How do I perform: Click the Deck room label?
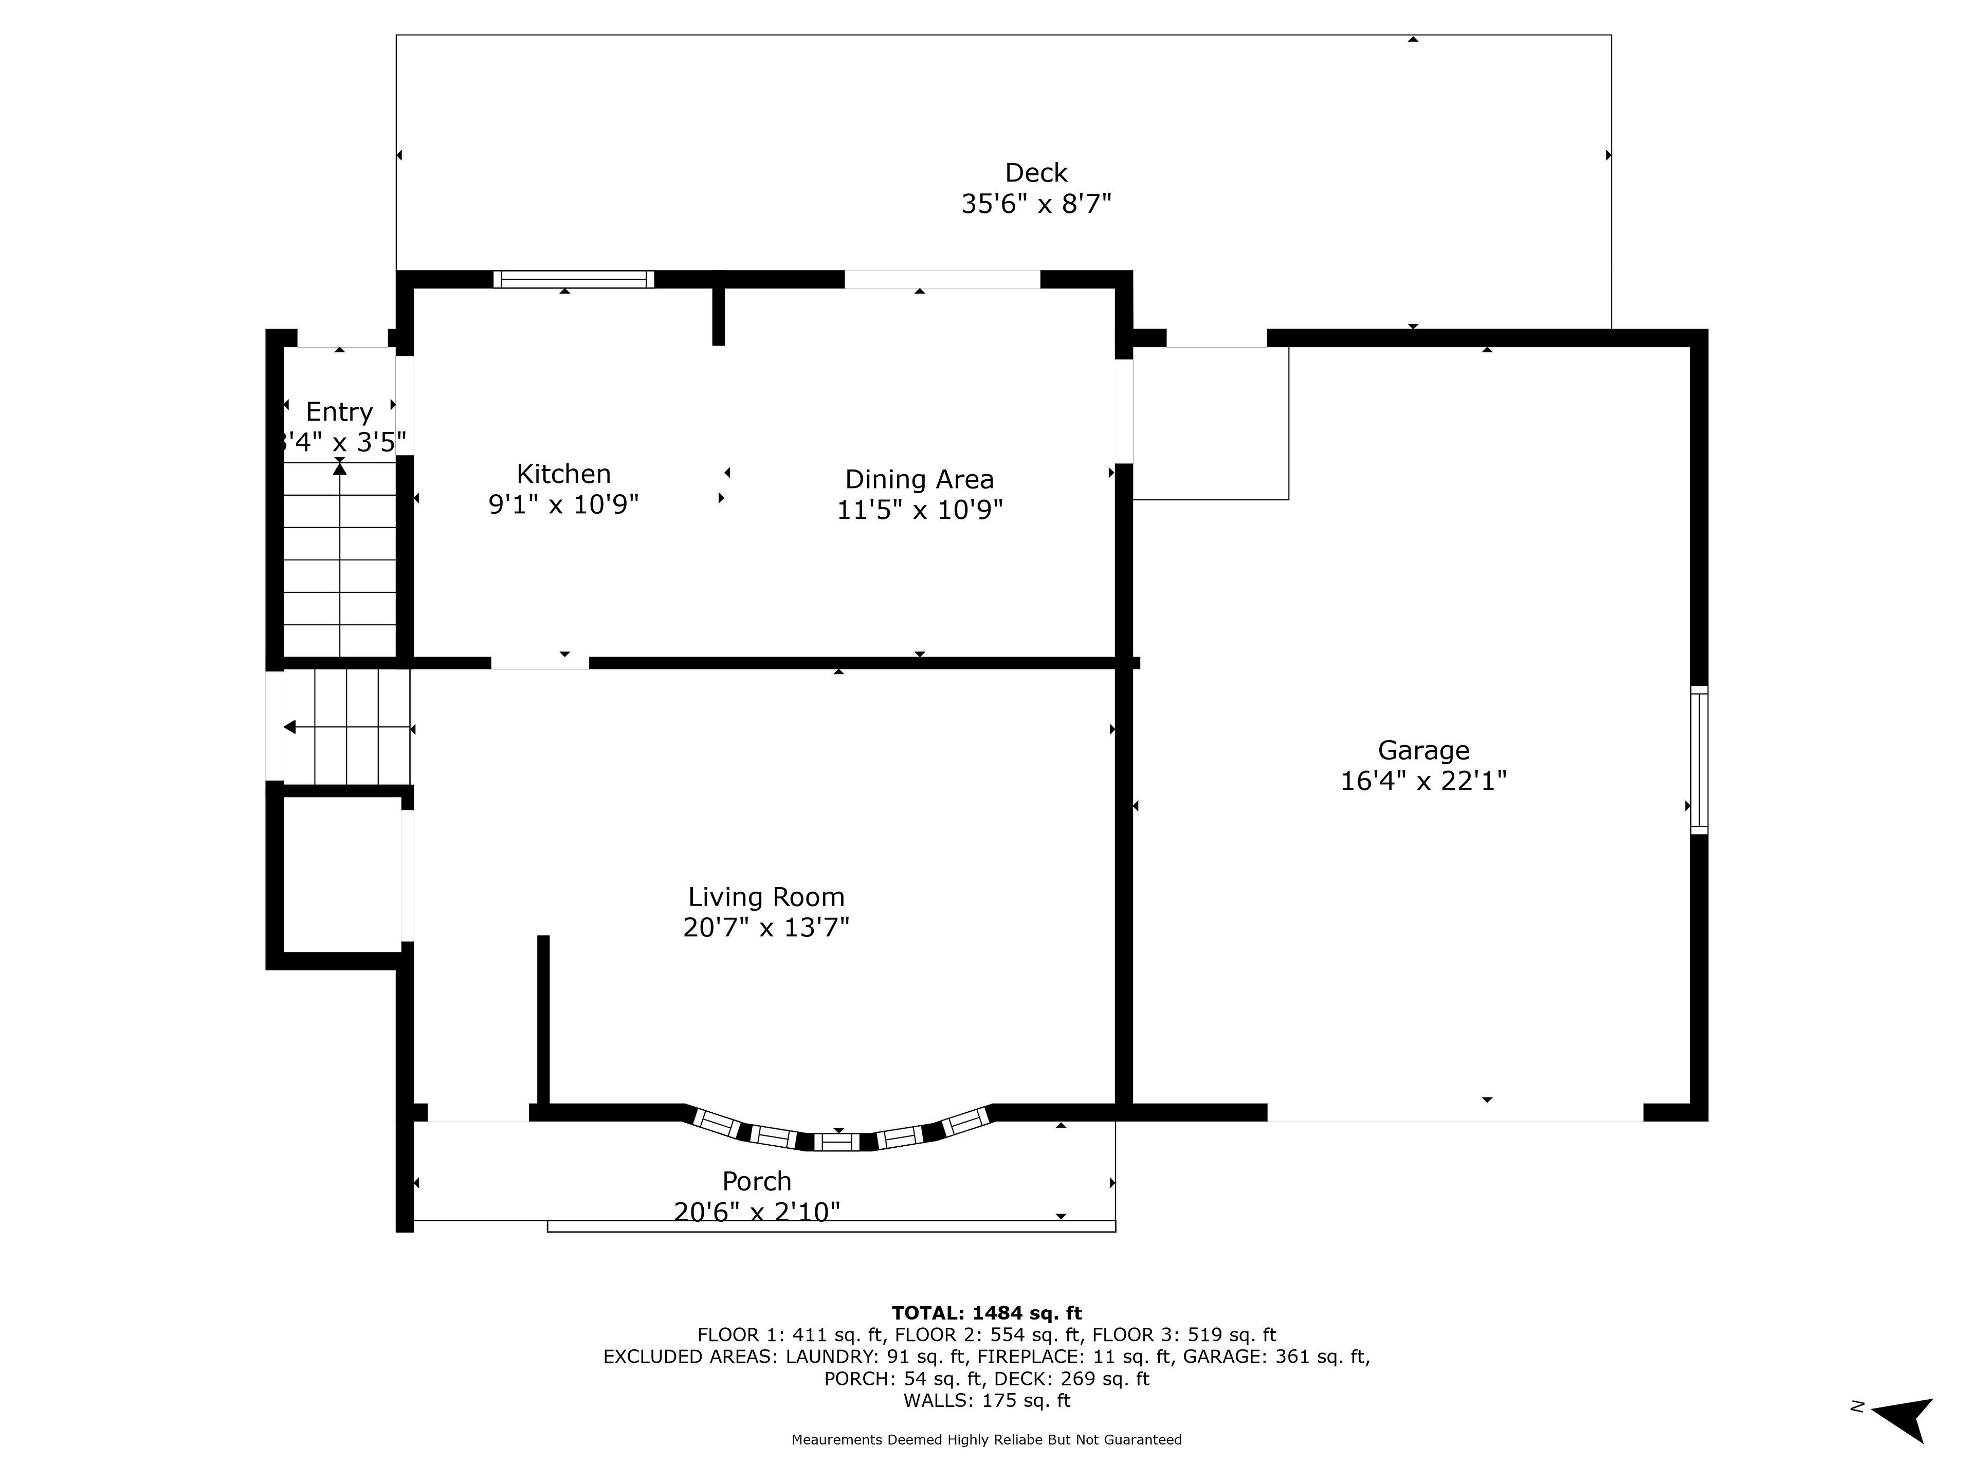(x=1036, y=172)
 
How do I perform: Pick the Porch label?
(x=757, y=1181)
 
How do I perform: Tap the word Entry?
(x=339, y=411)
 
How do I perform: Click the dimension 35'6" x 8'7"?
(x=1036, y=204)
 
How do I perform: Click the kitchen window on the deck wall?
(x=574, y=279)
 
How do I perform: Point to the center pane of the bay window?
(x=837, y=1142)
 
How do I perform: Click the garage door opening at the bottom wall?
(x=1455, y=1112)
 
